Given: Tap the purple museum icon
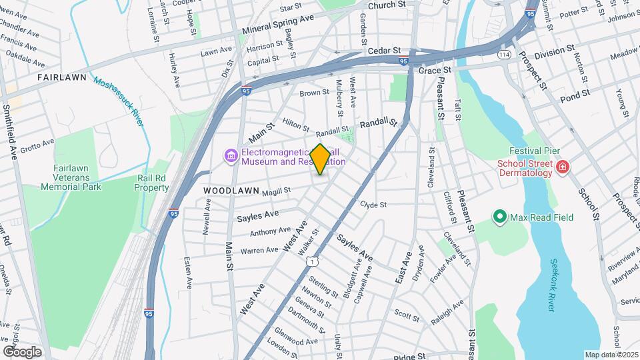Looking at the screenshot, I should pos(231,156).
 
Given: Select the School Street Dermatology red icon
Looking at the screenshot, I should pos(563,167).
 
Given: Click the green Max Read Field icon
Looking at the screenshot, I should pos(499,217).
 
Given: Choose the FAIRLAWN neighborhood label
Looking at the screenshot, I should pos(62,77).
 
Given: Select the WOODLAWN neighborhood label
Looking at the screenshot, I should pos(231,191).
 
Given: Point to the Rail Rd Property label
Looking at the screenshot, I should pos(153,183).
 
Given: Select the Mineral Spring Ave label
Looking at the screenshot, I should pos(278,28).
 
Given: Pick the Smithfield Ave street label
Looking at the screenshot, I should pos(9,131).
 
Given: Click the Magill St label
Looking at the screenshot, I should pos(276,191).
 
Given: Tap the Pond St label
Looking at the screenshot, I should pos(575,97).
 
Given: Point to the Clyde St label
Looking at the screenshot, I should pos(373,205).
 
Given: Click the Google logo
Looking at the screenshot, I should pos(22,352).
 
